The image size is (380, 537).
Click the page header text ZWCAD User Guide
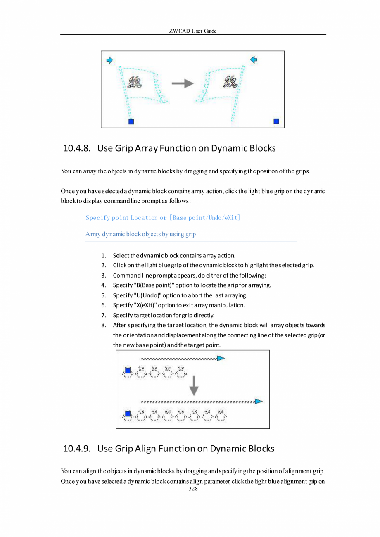point(193,31)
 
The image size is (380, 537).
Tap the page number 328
point(193,489)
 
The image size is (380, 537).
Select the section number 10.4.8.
point(76,148)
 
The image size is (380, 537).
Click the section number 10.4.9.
point(76,449)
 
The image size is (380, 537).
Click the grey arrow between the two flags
point(183,83)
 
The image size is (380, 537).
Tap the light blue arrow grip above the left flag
point(109,60)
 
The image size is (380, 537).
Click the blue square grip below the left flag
point(131,121)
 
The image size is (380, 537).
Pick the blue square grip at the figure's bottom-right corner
point(276,121)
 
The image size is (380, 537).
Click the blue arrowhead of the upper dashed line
point(221,358)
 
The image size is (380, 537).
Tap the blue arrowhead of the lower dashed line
point(259,401)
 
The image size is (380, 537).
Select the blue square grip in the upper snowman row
point(128,371)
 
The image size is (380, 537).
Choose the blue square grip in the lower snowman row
point(128,413)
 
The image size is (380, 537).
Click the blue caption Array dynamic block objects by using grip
point(140,234)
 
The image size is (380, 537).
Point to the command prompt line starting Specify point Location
point(164,218)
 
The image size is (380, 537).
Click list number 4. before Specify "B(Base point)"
point(104,285)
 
